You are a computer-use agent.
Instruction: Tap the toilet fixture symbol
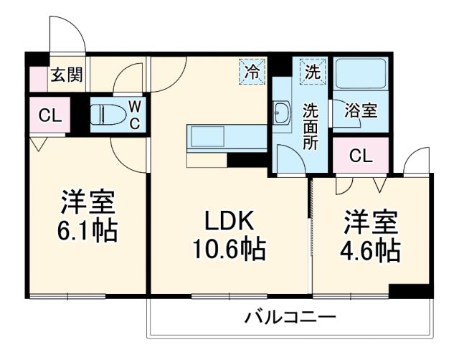[107, 114]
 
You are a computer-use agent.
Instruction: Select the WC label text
[133, 115]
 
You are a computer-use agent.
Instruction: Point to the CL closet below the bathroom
[361, 156]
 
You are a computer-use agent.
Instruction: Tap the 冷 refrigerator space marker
[252, 72]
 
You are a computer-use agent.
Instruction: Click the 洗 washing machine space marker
[312, 72]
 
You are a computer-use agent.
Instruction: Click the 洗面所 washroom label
[310, 127]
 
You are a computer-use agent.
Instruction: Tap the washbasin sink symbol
[282, 113]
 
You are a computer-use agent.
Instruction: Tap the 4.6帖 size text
[370, 250]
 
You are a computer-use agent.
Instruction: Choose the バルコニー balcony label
[289, 316]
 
